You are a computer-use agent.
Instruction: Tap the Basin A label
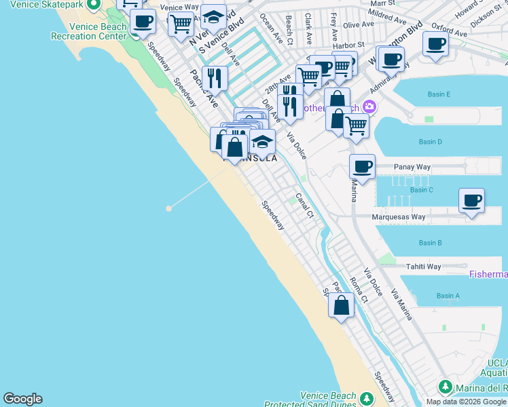(448, 296)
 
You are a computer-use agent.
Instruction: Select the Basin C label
(422, 190)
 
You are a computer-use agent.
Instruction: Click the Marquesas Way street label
(400, 217)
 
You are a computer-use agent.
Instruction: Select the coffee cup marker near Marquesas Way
(471, 200)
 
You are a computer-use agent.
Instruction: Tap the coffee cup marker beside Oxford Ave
(435, 44)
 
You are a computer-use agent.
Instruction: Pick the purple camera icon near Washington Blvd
(369, 106)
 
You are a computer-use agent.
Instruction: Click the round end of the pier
(168, 208)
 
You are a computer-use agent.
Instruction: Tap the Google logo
(22, 399)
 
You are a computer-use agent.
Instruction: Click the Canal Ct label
(304, 207)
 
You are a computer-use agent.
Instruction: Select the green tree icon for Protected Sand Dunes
(367, 398)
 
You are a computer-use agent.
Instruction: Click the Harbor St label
(352, 45)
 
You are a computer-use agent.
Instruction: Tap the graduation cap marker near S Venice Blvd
(214, 18)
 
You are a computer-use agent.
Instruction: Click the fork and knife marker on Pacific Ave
(214, 79)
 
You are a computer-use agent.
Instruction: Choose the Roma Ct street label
(358, 289)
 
